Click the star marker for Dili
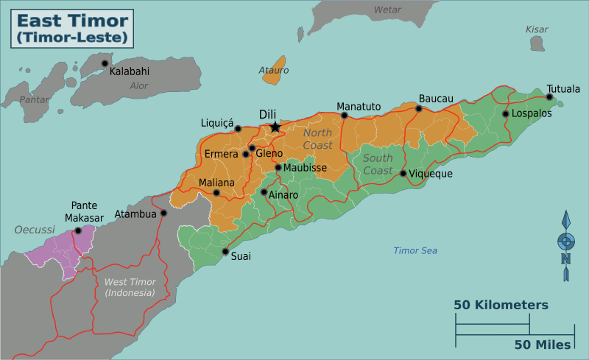coord(275,127)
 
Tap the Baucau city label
coord(436,99)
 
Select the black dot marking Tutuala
coord(549,97)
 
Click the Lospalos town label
coord(532,114)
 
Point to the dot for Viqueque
coord(403,174)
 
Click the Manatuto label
coord(359,107)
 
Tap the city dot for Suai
coord(225,252)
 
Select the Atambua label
coord(135,214)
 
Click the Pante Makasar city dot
coord(78,230)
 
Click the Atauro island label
coord(273,71)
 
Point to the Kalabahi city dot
coord(105,63)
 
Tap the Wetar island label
coord(388,10)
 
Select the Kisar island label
coord(537,29)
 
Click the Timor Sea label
coord(415,251)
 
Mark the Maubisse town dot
coord(278,168)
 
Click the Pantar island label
coord(34,99)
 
